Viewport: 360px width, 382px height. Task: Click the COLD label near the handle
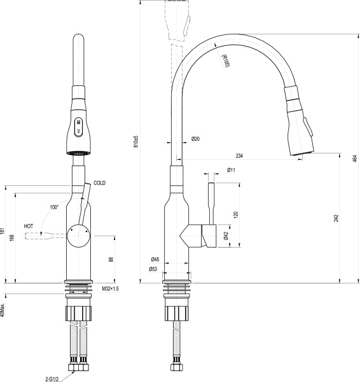point(99,183)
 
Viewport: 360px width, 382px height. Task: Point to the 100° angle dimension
point(53,207)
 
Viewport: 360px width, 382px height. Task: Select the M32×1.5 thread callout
point(111,288)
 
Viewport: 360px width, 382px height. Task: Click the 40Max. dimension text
point(3,309)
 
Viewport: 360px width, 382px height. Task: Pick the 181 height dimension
point(3,234)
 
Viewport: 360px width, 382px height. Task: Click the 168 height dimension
point(11,237)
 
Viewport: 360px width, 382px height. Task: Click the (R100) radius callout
point(225,62)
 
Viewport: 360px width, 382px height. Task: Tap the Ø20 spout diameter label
point(195,139)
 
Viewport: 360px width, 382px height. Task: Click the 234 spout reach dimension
point(239,155)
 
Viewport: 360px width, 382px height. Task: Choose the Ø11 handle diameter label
point(231,170)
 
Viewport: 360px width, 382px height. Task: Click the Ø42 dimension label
point(226,235)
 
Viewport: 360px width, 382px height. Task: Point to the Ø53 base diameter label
point(154,269)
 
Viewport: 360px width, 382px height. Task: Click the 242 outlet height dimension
point(335,218)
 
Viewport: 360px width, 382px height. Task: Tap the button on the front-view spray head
point(78,126)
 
